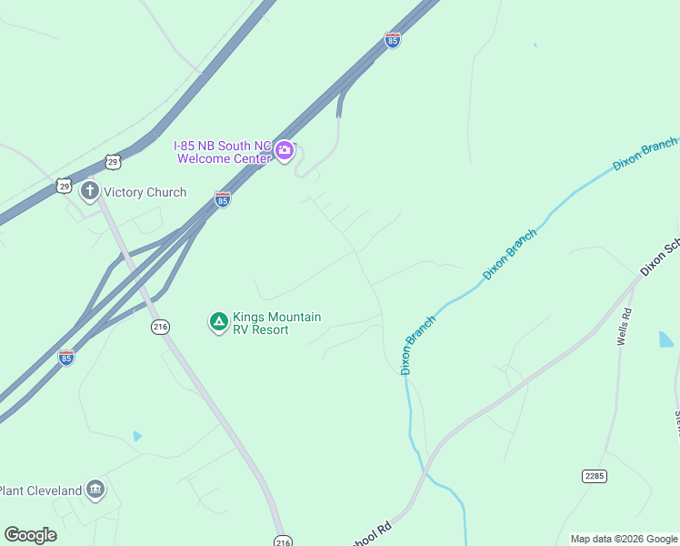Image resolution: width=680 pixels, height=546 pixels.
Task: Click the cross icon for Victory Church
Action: pos(89,191)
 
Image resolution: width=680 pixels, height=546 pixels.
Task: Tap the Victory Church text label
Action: pos(145,192)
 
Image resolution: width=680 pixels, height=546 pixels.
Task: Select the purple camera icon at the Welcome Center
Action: pos(285,151)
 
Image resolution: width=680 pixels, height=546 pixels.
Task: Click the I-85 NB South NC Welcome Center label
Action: pos(223,151)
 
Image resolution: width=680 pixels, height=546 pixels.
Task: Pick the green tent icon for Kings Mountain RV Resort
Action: pos(218,322)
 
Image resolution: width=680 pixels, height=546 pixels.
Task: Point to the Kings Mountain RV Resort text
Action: pos(276,323)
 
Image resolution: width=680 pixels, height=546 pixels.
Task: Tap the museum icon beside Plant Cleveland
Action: pos(95,490)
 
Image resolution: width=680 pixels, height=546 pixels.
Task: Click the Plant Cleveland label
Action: pos(40,491)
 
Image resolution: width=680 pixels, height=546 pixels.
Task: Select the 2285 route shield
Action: pos(595,476)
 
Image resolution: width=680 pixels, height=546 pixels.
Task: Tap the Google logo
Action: pos(30,535)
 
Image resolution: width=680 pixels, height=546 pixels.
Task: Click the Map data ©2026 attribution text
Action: pos(624,539)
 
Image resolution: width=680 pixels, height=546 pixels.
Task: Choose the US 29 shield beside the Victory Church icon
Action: pos(63,185)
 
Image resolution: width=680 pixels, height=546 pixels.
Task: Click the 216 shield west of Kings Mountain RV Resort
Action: pos(161,328)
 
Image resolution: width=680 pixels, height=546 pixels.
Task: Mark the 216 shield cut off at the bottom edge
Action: pos(283,541)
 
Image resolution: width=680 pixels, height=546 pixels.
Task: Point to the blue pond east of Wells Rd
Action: pos(665,339)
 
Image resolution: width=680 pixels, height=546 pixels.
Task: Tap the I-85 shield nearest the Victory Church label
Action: pos(222,199)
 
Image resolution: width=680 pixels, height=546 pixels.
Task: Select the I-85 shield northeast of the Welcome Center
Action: pos(392,41)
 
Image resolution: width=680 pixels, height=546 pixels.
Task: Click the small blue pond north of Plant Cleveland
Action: pos(136,436)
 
